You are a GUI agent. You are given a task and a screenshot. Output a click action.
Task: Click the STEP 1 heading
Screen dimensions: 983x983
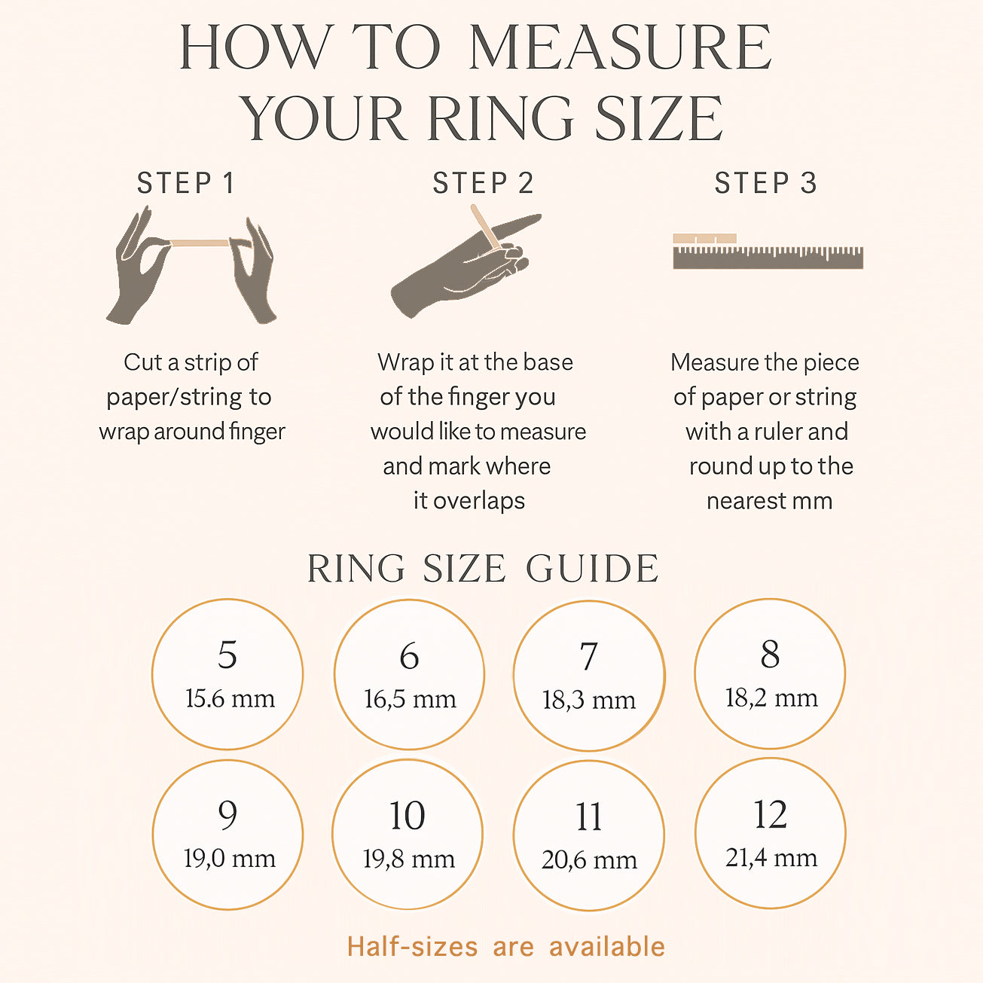(186, 183)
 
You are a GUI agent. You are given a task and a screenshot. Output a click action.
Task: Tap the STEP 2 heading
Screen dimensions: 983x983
(483, 183)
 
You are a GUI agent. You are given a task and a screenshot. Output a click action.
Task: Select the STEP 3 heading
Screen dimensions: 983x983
(766, 183)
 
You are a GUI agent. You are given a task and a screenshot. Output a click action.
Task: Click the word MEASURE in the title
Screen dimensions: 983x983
(620, 47)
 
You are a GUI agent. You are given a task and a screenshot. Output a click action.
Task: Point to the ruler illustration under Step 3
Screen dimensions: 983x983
(768, 258)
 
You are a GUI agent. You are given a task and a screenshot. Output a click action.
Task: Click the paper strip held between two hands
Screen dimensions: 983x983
(198, 243)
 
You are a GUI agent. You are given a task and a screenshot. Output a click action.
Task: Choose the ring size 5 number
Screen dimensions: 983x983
(227, 655)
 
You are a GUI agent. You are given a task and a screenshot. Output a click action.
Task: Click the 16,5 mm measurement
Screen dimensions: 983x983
(410, 699)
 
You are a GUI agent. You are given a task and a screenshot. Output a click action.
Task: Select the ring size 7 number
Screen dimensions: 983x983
(589, 657)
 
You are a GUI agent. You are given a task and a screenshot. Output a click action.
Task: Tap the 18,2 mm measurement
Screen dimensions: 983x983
(771, 698)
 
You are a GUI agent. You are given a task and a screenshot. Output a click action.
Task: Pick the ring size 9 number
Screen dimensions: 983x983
(227, 815)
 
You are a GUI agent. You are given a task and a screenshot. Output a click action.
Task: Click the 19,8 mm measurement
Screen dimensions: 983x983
(408, 859)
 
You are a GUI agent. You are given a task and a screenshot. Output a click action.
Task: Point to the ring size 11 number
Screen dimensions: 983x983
(589, 817)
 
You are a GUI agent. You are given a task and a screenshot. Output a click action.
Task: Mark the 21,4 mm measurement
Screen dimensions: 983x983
(771, 858)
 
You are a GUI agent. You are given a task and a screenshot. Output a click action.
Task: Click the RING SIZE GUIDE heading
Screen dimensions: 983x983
(483, 569)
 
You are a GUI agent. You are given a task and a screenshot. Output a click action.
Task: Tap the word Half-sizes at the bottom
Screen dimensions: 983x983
(412, 947)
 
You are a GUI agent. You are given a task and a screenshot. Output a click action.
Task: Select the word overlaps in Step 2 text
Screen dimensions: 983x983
(479, 502)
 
